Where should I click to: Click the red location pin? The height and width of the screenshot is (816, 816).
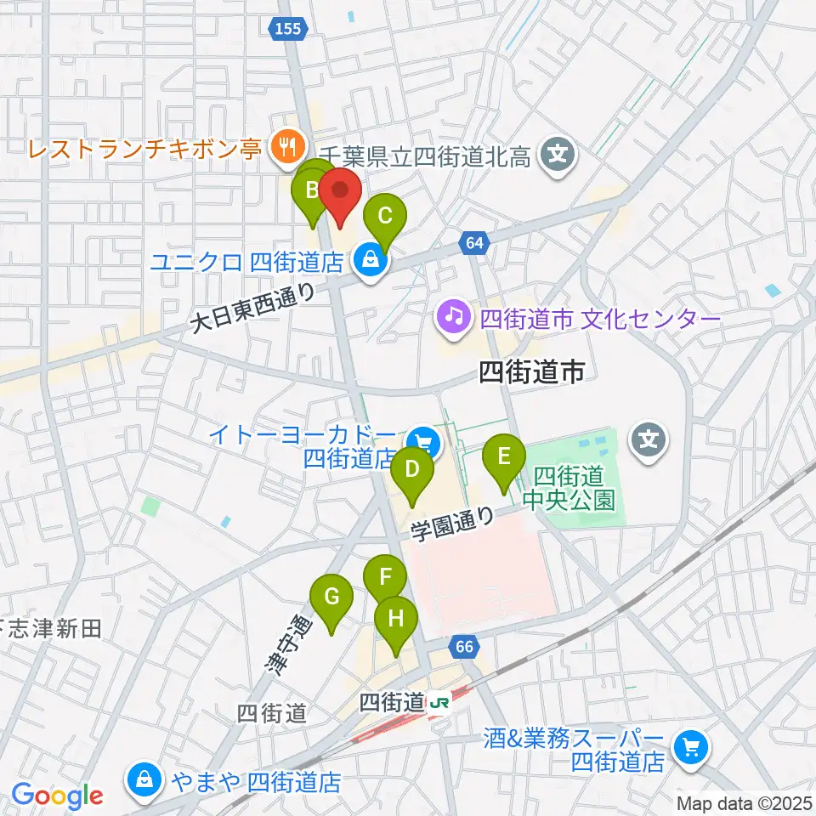[x=342, y=194]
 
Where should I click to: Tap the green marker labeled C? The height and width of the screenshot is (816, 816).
[x=384, y=217]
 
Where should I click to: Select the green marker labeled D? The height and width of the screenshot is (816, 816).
[x=412, y=470]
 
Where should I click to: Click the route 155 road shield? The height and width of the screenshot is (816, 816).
[x=289, y=30]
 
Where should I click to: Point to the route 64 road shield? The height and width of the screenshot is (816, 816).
[x=474, y=244]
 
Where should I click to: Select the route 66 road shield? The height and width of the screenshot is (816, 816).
[x=463, y=648]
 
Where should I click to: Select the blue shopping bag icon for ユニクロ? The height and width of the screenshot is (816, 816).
[x=369, y=259]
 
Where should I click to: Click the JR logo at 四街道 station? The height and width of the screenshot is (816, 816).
[x=439, y=703]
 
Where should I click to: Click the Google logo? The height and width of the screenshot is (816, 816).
[x=57, y=796]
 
